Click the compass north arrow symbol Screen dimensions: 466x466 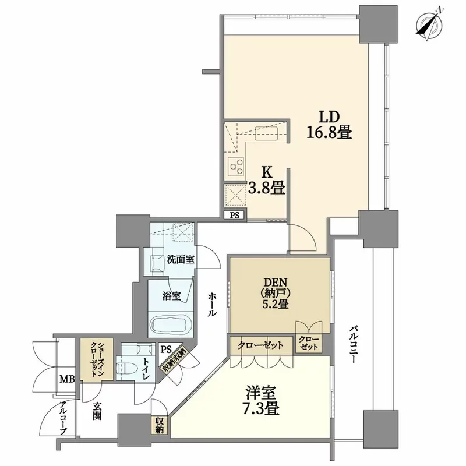[x=429, y=25]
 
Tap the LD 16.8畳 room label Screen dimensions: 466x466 [x=329, y=125]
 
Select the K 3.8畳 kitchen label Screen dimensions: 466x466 [x=266, y=181]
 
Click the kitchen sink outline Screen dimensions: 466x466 [x=266, y=133]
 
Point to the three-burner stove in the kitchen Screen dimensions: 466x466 [x=236, y=166]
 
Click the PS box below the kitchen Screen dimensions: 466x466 [x=235, y=215]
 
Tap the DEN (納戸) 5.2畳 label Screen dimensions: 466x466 [x=275, y=293]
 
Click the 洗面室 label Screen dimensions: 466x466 [x=181, y=259]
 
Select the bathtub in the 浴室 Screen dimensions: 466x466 [x=171, y=325]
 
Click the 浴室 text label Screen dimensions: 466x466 [x=171, y=296]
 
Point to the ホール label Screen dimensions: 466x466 [x=212, y=304]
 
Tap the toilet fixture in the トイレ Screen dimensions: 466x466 [x=126, y=369]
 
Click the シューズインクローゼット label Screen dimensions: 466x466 [x=97, y=359]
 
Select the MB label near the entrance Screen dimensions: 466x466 [x=67, y=379]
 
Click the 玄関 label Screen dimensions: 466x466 [x=97, y=411]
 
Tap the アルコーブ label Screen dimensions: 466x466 [x=63, y=418]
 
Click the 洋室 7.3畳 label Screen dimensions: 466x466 [x=262, y=400]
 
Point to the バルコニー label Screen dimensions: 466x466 [x=353, y=345]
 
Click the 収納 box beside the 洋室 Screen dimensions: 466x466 [x=159, y=425]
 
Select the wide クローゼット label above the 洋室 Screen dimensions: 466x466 [x=260, y=345]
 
